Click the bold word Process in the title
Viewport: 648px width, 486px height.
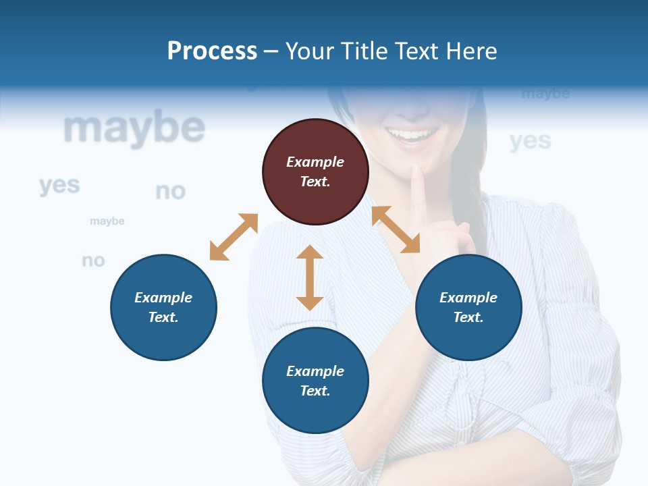[x=212, y=51]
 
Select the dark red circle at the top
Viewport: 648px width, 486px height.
[x=315, y=172]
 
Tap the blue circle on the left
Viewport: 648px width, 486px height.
[x=163, y=307]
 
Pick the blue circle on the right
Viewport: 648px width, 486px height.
[x=468, y=307]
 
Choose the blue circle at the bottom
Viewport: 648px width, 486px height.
[x=315, y=381]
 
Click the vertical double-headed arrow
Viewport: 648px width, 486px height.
[x=310, y=277]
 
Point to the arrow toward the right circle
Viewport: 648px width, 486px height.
[x=396, y=230]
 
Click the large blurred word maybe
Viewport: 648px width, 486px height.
[x=134, y=128]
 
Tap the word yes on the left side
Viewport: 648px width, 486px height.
[x=59, y=185]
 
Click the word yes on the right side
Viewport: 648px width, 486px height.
[x=530, y=141]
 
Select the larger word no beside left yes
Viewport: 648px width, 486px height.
[x=170, y=192]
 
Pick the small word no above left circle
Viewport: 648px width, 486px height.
[x=94, y=260]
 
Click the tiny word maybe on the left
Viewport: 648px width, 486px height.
[x=107, y=221]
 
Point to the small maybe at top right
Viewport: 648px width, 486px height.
[x=545, y=94]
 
